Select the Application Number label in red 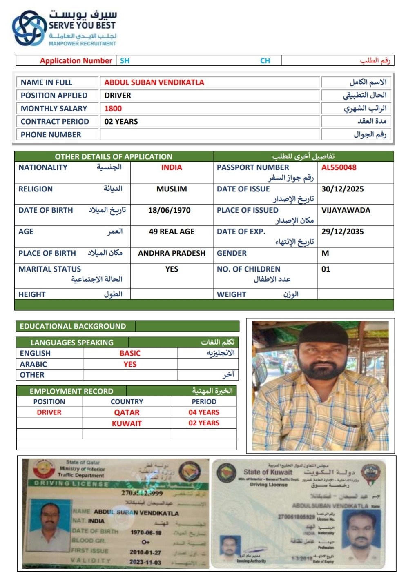point(76,61)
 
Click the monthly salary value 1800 point(113,109)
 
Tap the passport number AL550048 point(339,167)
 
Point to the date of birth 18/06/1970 point(169,210)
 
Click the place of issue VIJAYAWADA point(346,210)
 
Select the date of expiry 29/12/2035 point(342,232)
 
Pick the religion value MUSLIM point(172,189)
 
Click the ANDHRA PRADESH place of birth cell point(172,253)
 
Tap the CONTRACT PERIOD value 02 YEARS point(121,122)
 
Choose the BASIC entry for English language point(130,353)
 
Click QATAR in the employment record point(127,412)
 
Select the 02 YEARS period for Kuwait point(204,423)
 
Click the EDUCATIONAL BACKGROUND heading point(73,326)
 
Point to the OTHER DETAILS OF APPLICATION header point(114,156)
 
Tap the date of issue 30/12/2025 point(342,189)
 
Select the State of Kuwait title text point(268,472)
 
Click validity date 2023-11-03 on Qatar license point(145,562)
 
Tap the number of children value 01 point(326,269)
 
